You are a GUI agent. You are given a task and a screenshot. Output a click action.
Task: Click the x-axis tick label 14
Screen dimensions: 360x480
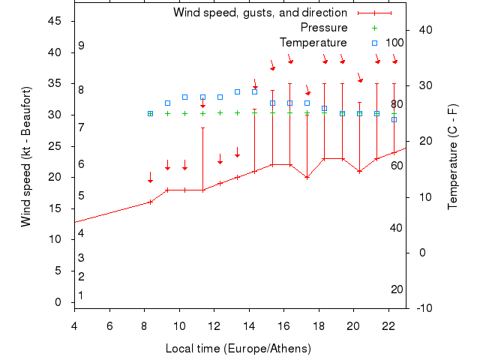click(x=249, y=325)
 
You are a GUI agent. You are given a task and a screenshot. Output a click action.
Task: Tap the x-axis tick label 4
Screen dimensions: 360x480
click(x=74, y=325)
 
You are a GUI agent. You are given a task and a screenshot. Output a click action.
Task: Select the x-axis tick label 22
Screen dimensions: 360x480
click(x=388, y=325)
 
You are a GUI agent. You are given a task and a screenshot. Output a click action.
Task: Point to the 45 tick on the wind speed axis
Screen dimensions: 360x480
click(x=55, y=21)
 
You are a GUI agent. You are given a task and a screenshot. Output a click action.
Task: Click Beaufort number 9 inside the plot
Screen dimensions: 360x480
click(x=81, y=46)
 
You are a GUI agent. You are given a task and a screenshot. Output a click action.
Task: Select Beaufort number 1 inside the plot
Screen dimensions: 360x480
click(x=81, y=295)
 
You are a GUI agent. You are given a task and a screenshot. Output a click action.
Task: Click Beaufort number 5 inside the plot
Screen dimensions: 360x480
click(x=81, y=196)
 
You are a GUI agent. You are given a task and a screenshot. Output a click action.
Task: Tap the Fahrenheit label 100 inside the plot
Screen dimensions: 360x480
click(x=394, y=43)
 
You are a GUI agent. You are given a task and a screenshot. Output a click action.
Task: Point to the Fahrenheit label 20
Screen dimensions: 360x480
click(x=397, y=289)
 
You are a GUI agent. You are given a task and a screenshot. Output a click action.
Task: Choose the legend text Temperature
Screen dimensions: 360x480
click(x=313, y=43)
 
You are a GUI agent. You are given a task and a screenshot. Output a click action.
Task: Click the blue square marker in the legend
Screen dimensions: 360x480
click(x=374, y=43)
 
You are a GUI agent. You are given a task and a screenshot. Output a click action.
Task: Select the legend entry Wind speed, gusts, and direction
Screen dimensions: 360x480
click(x=260, y=13)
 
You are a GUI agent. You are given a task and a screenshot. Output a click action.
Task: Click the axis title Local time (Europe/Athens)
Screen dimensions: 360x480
click(x=238, y=349)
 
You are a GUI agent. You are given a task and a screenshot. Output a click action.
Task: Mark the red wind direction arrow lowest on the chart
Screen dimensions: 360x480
click(x=150, y=178)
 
